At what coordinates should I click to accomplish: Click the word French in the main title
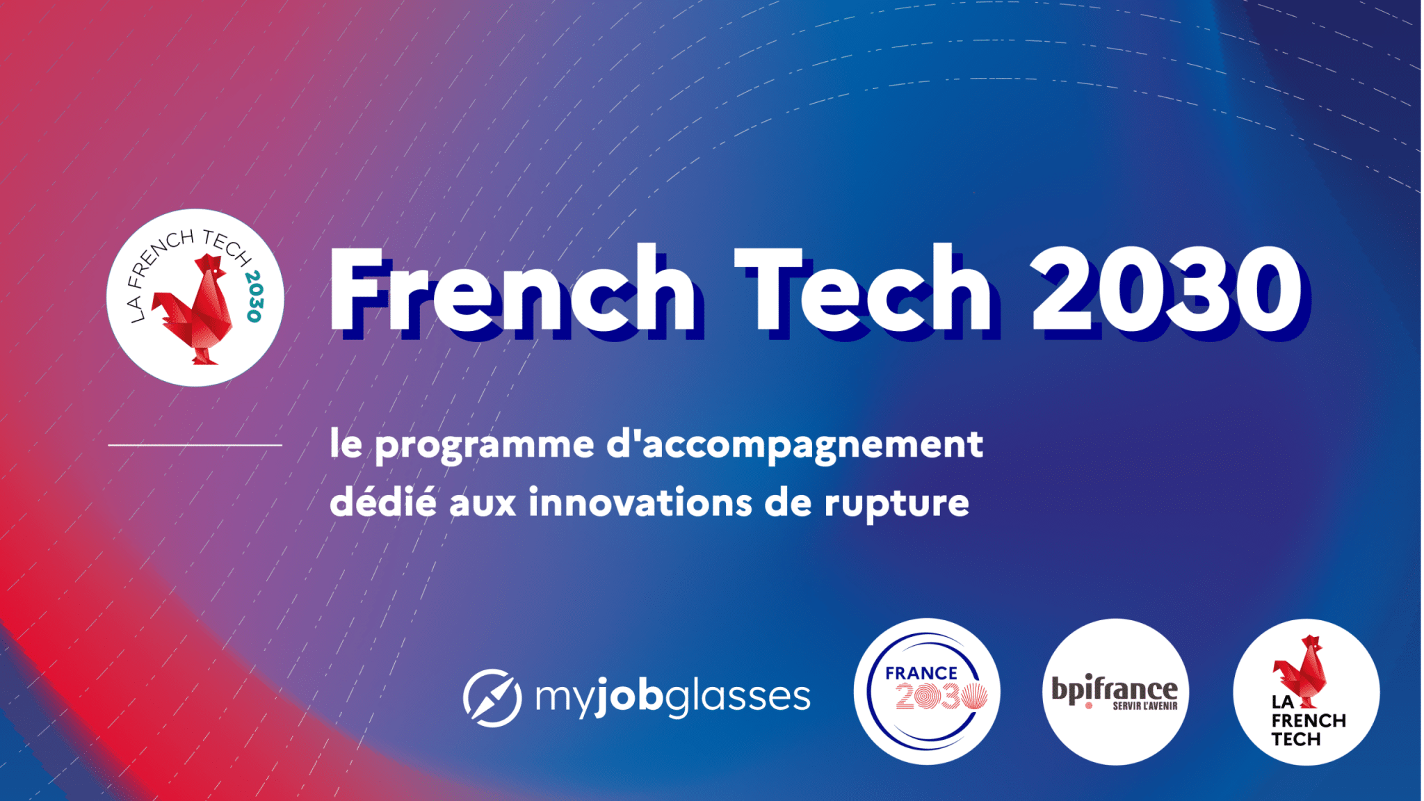(x=513, y=289)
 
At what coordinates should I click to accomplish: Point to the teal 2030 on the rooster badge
(x=254, y=296)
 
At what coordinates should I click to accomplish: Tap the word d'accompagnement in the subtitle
(x=795, y=445)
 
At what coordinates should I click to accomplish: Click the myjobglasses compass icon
(x=492, y=697)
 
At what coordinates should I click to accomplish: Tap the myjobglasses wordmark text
(x=672, y=697)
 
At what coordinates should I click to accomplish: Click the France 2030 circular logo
(x=926, y=692)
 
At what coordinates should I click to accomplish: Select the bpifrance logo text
(x=1115, y=688)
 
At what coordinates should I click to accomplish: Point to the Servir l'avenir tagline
(x=1145, y=706)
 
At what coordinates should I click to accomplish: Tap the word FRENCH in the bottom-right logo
(x=1309, y=721)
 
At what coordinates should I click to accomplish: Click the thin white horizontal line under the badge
(x=195, y=445)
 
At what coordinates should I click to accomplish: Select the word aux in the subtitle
(x=483, y=504)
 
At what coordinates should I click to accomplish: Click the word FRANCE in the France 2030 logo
(x=921, y=673)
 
